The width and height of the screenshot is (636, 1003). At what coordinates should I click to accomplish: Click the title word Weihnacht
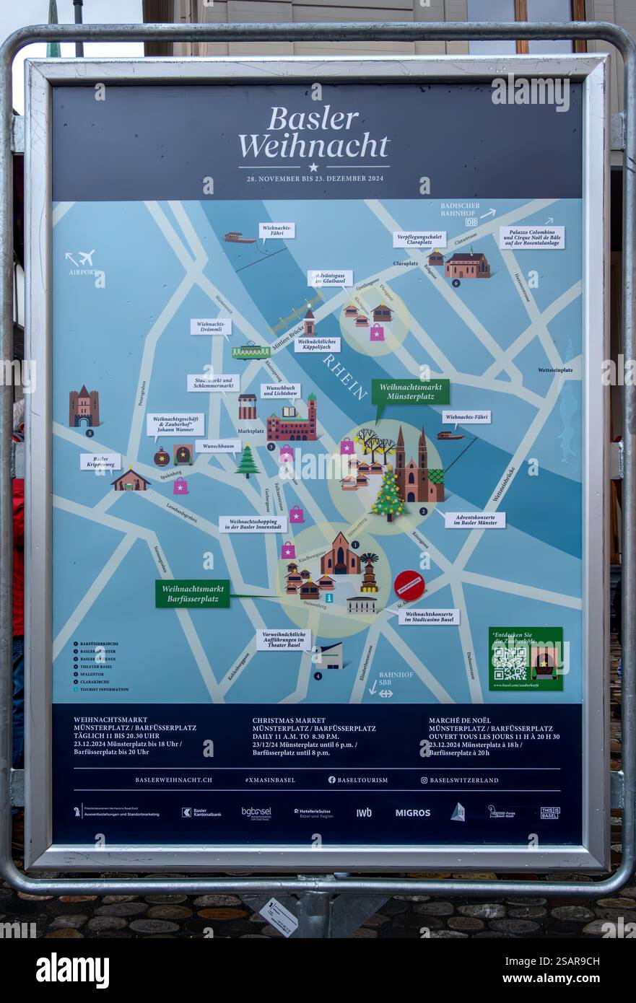pos(313,146)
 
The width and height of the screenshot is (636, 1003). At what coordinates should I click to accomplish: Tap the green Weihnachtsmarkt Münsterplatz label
pos(410,392)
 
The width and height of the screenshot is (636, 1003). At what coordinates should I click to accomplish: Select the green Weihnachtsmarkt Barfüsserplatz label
pos(192,593)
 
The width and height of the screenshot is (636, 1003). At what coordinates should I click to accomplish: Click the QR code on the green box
pos(510,662)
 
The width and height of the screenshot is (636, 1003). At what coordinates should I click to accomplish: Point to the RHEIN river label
pos(345,376)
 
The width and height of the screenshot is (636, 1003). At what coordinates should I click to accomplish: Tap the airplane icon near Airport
pos(86,258)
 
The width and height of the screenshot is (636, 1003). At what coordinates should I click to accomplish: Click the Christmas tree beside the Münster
pos(388,495)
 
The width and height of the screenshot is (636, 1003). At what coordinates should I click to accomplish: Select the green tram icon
pos(251,351)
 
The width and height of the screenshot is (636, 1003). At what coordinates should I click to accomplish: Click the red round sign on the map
pos(409,585)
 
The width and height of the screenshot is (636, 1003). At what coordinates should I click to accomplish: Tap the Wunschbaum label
pos(217,446)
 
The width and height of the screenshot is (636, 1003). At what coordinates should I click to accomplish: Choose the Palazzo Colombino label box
pos(531,237)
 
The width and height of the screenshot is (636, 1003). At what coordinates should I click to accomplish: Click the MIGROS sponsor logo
pos(412,813)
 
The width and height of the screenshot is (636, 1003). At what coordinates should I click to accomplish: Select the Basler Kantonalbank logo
pos(201,813)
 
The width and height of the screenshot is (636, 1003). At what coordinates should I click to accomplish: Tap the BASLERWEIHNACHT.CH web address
pos(173,780)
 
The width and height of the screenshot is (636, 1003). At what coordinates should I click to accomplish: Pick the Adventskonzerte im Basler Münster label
pos(474,520)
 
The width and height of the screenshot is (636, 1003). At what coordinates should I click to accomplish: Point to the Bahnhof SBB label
pos(396,679)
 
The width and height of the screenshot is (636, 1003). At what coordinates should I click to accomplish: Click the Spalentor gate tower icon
pos(84,407)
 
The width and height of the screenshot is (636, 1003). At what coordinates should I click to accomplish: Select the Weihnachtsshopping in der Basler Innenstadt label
pos(253,524)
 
